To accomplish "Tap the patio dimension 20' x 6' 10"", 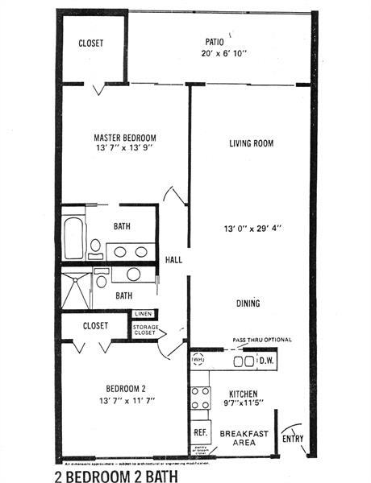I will [213, 53].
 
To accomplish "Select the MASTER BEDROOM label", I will [125, 138].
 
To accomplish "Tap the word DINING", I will [248, 303].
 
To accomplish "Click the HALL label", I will [173, 260].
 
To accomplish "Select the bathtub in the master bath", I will [73, 233].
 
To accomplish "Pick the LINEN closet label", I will [144, 314].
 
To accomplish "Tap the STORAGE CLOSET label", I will [145, 330].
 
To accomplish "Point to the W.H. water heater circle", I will [198, 360].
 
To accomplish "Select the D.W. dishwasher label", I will [265, 361].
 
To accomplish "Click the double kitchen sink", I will [241, 361].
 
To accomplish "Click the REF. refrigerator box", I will [201, 431].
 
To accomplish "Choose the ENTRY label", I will [293, 439].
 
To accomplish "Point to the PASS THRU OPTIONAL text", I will [262, 341].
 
